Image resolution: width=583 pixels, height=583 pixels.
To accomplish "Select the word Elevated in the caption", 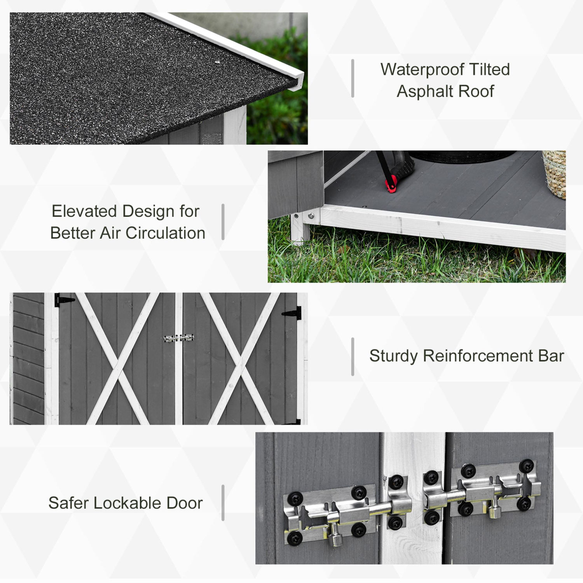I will click(x=84, y=211).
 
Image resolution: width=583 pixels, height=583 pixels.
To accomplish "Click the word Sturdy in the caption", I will click(x=393, y=356).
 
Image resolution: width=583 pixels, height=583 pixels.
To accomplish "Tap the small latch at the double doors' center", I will click(x=179, y=338).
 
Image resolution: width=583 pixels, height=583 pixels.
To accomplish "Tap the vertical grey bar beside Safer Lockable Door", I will click(x=223, y=503).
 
